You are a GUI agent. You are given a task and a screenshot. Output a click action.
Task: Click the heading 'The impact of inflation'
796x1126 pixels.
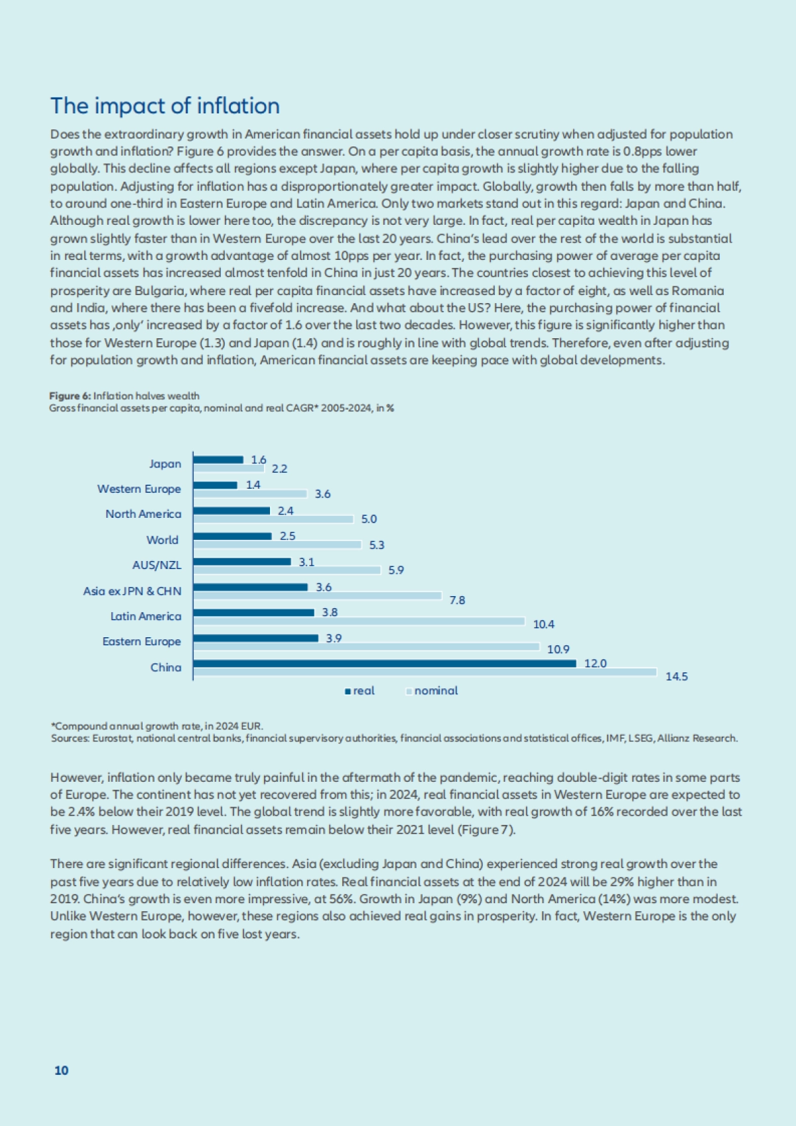[165, 106]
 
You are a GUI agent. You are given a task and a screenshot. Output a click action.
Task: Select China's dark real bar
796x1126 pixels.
[385, 663]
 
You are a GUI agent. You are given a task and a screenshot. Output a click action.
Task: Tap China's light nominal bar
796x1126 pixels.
[425, 672]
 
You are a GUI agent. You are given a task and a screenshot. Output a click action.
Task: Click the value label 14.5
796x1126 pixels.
[677, 676]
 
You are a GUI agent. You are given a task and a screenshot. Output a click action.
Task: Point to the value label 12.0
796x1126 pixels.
[595, 663]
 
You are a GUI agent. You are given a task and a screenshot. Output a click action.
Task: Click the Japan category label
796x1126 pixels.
[165, 464]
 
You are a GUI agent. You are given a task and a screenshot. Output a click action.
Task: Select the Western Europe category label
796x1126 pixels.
[139, 489]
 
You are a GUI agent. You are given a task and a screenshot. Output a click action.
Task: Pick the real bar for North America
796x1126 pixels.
[232, 511]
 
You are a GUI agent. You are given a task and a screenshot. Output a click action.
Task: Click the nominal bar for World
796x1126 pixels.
[277, 544]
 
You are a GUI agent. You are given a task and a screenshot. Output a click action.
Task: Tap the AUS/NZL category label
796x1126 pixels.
[157, 565]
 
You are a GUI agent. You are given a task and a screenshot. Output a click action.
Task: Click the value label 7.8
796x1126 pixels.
[457, 600]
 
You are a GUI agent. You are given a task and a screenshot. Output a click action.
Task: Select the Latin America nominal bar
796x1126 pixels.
[359, 621]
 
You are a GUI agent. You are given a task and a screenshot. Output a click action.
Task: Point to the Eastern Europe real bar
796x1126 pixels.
[255, 638]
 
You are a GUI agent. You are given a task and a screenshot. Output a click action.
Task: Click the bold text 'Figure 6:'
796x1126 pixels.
[70, 396]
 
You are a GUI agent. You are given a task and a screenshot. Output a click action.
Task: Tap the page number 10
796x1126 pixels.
[61, 1070]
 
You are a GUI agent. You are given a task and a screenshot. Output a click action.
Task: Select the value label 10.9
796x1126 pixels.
[558, 650]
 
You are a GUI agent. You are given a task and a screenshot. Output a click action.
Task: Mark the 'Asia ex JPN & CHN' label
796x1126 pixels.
[132, 591]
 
